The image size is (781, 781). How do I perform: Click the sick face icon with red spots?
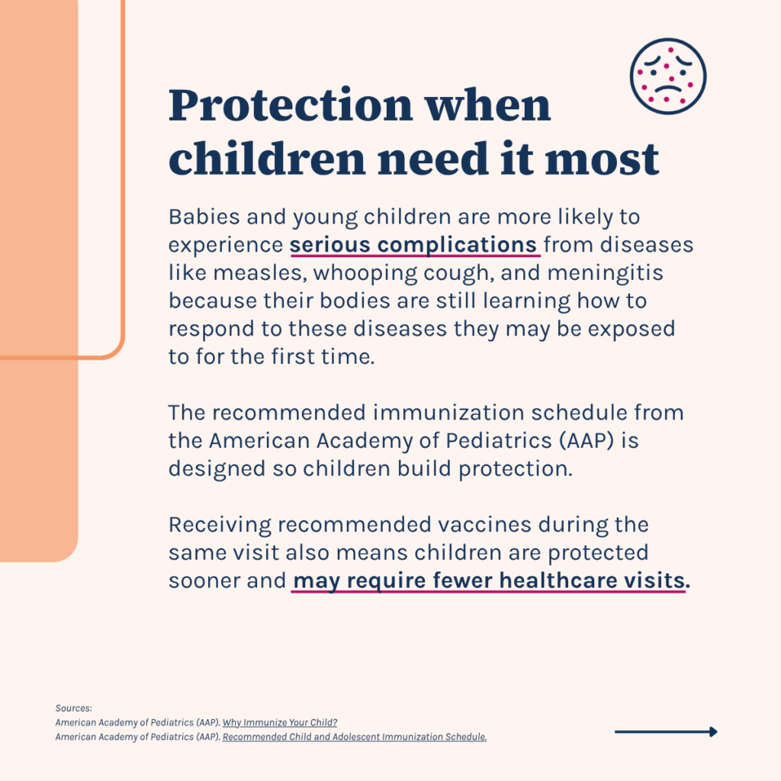668,77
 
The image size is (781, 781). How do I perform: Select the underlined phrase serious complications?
413,245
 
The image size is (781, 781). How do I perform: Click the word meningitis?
605,273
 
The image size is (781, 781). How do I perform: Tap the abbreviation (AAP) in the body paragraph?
587,441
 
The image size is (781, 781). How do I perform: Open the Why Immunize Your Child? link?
280,723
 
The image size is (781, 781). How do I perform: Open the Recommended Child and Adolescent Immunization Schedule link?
355,738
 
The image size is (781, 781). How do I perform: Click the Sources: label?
74,709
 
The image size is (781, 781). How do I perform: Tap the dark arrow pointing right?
666,731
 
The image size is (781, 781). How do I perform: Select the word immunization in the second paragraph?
448,413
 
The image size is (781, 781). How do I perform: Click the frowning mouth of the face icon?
668,90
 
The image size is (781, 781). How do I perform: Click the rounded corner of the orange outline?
116,349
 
